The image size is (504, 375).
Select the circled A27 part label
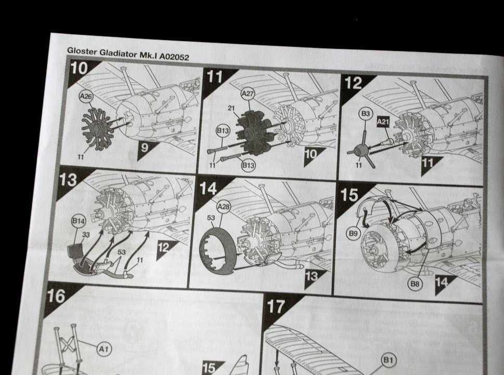tap(248, 93)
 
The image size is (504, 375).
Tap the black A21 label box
tap(383, 122)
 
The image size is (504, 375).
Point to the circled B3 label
tap(366, 114)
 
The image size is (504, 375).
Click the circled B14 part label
tap(79, 221)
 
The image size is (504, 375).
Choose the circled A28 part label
tap(223, 207)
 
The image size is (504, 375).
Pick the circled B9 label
tap(353, 233)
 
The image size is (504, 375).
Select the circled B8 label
tap(415, 284)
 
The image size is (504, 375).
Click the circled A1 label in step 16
tap(104, 349)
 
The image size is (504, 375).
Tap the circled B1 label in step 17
tap(389, 360)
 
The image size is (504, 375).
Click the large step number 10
tap(79, 68)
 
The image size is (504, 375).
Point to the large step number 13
tap(68, 180)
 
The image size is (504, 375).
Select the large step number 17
tap(276, 306)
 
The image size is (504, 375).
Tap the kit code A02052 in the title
tap(175, 57)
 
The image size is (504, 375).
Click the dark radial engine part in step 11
tap(255, 132)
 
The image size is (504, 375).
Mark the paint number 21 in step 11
tap(231, 108)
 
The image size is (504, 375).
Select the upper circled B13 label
tap(223, 131)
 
